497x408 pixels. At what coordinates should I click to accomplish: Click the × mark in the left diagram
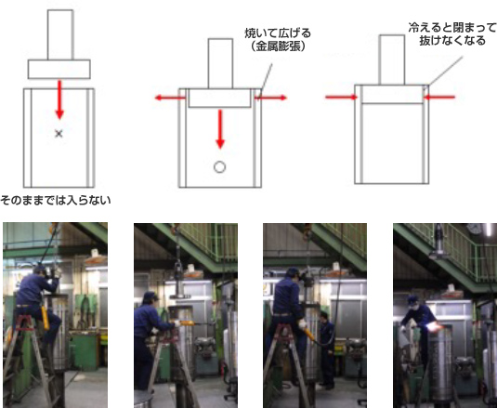pos(59,134)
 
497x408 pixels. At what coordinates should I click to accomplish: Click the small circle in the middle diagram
pos(219,166)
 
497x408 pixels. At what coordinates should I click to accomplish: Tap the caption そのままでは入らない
pos(56,201)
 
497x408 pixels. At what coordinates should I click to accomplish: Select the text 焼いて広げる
pos(278,33)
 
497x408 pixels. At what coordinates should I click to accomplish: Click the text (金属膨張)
pos(278,46)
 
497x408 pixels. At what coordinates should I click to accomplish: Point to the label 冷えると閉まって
pos(452,28)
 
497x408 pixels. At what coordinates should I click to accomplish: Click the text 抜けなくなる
pos(452,41)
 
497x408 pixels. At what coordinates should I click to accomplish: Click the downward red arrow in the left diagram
pos(59,99)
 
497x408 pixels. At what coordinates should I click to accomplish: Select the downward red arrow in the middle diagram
pos(220,129)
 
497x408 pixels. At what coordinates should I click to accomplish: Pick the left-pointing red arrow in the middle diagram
pos(170,98)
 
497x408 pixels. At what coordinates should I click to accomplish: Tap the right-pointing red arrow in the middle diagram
pos(271,98)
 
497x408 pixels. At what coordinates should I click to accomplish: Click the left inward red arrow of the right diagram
pos(341,97)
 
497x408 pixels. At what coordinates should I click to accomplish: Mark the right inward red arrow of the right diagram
pos(439,97)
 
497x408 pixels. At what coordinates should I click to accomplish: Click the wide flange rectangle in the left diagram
pos(59,69)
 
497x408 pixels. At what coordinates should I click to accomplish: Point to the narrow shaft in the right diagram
pos(392,59)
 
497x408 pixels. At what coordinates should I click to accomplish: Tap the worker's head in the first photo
pos(40,271)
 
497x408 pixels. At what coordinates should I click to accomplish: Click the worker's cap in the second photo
pos(150,296)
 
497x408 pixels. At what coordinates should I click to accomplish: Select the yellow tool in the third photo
pos(309,335)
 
